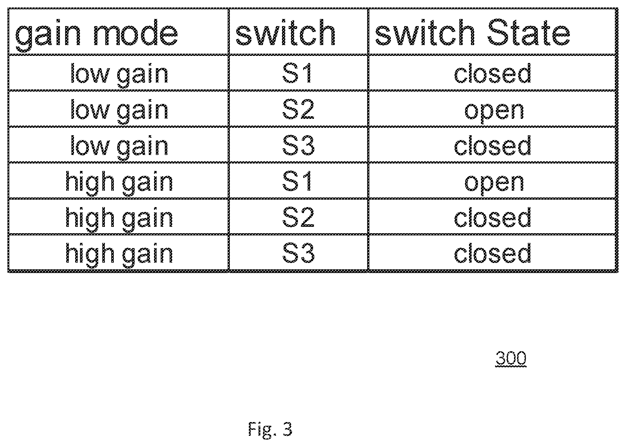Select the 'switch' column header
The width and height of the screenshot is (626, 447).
click(x=285, y=32)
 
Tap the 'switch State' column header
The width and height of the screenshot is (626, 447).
click(x=472, y=32)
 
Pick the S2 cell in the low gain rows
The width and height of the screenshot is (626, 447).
click(x=298, y=109)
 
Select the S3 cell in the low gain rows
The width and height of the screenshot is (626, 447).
click(x=298, y=145)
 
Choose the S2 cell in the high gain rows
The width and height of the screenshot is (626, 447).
click(x=298, y=217)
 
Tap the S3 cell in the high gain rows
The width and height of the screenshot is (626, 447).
click(x=298, y=253)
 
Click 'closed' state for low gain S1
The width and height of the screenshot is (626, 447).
click(x=492, y=73)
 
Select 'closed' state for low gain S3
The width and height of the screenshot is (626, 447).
click(x=492, y=145)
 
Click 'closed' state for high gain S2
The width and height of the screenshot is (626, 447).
click(x=492, y=217)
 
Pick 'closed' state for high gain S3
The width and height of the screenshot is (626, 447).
click(x=492, y=253)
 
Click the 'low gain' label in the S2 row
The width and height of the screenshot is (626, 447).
click(x=119, y=111)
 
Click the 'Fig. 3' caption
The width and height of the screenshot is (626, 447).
click(x=270, y=429)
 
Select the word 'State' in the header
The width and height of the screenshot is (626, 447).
click(x=529, y=32)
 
